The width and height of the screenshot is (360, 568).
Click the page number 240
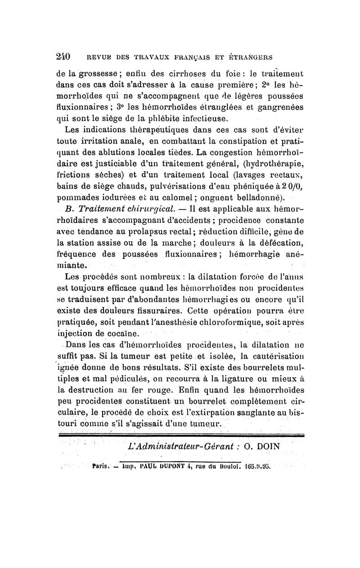point(64,57)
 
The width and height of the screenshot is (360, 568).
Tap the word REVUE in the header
point(99,58)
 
